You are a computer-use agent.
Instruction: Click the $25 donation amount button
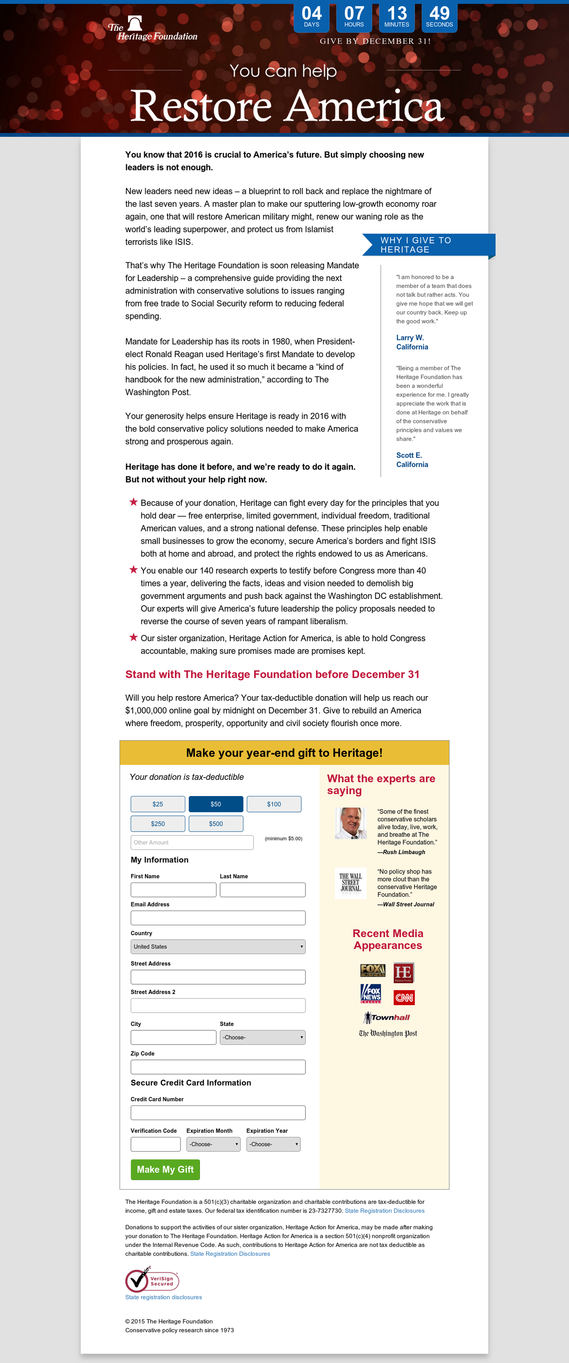(158, 804)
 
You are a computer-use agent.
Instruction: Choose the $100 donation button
(274, 804)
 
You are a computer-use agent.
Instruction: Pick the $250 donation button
(158, 823)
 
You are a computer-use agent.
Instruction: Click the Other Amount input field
(192, 842)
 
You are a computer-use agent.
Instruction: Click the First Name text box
(173, 889)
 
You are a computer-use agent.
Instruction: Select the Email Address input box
(218, 917)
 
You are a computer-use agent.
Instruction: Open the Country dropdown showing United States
(218, 947)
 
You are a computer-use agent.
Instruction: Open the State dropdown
(262, 1037)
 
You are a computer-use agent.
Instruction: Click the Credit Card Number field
(218, 1112)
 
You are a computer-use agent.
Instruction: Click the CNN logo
(404, 998)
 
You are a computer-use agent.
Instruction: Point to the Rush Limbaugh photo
(350, 823)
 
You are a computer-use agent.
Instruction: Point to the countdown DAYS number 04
(311, 13)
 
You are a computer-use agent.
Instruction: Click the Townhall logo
(387, 1017)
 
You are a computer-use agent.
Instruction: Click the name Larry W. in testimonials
(410, 337)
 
